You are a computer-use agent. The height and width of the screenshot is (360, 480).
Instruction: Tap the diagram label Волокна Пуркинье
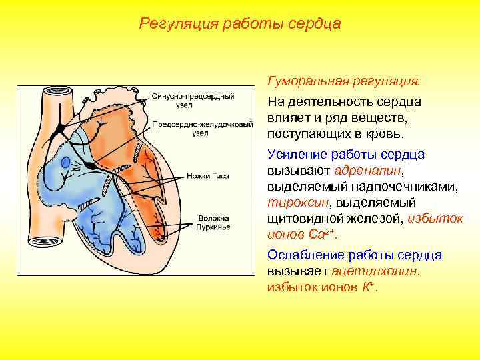point(213,223)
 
